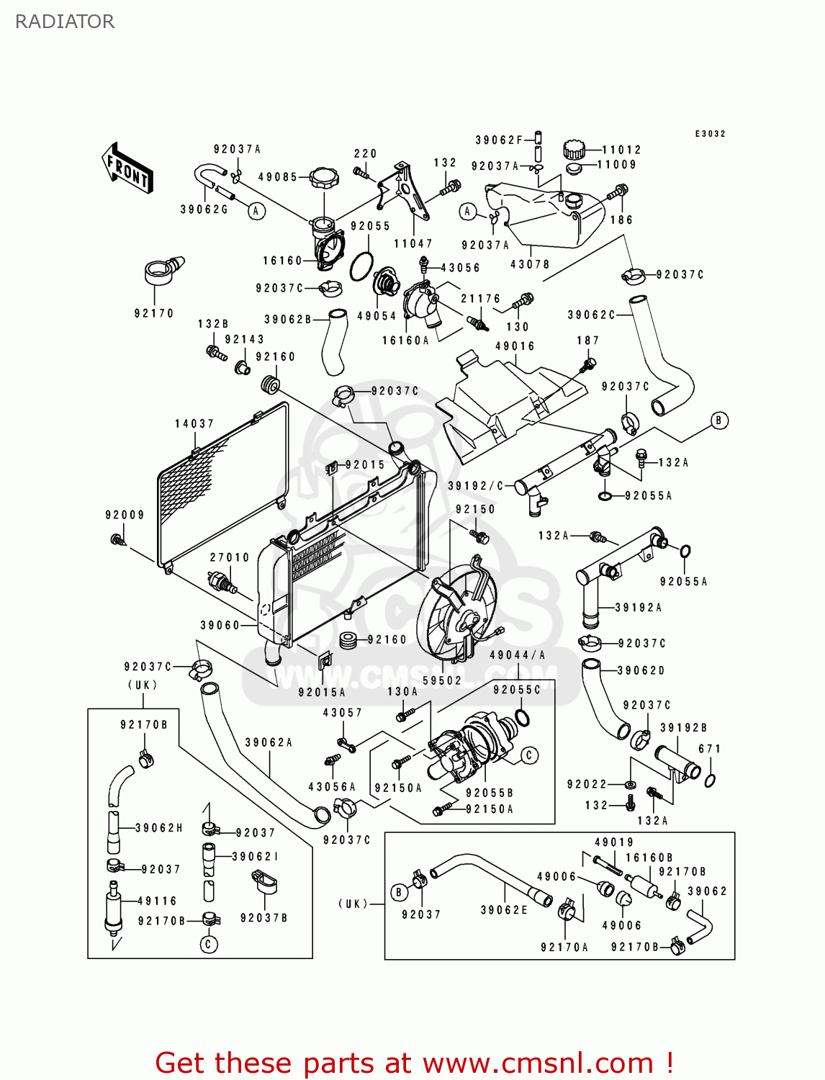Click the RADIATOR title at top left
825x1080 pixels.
click(65, 22)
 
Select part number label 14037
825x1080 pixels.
click(194, 424)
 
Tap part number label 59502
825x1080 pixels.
click(442, 680)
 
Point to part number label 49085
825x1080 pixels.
click(278, 177)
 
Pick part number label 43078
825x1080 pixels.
click(530, 264)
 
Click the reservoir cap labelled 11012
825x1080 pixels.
click(574, 150)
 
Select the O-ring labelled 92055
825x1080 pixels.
click(361, 266)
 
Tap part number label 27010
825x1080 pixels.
click(230, 557)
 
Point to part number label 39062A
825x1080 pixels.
click(269, 742)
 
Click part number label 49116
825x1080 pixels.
click(158, 901)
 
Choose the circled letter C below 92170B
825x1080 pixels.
click(209, 944)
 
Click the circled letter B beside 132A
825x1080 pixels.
click(718, 420)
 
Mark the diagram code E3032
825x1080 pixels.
click(710, 134)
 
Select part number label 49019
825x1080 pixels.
click(614, 842)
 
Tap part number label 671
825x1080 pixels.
click(709, 749)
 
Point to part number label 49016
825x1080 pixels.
click(515, 346)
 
